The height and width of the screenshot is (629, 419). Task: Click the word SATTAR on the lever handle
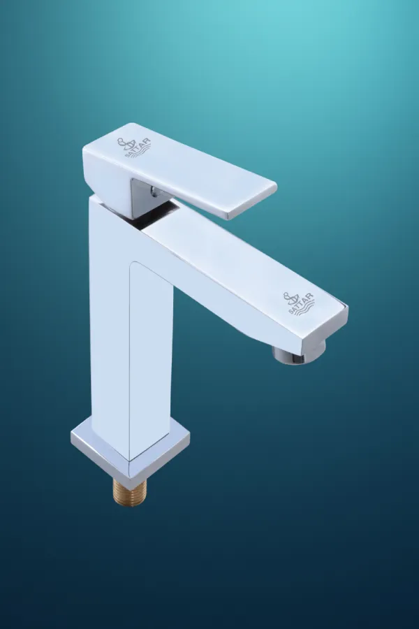tap(138, 148)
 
